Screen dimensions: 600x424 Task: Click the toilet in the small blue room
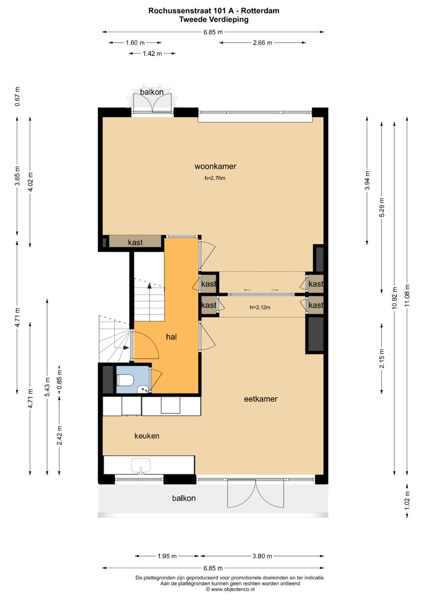coord(125,380)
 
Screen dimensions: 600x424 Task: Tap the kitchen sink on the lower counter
coord(141,466)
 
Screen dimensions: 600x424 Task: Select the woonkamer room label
coord(215,166)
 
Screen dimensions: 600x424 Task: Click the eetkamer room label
coord(261,399)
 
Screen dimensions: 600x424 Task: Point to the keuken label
coord(147,436)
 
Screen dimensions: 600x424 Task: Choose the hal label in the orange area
coord(171,337)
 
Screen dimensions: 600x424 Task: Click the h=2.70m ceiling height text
coord(215,178)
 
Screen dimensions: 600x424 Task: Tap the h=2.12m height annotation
coord(260,307)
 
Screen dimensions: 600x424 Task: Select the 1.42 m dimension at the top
coord(152,53)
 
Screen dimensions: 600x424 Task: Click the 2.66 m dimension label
coord(262,43)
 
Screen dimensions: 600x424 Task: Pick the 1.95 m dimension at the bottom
coord(167,556)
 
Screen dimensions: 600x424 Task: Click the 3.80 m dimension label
coord(262,556)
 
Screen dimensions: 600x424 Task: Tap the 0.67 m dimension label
coord(17,96)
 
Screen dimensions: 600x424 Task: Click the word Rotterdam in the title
coord(260,11)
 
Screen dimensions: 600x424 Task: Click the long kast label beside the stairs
coord(135,242)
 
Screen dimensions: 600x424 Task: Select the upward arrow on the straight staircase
coord(149,286)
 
